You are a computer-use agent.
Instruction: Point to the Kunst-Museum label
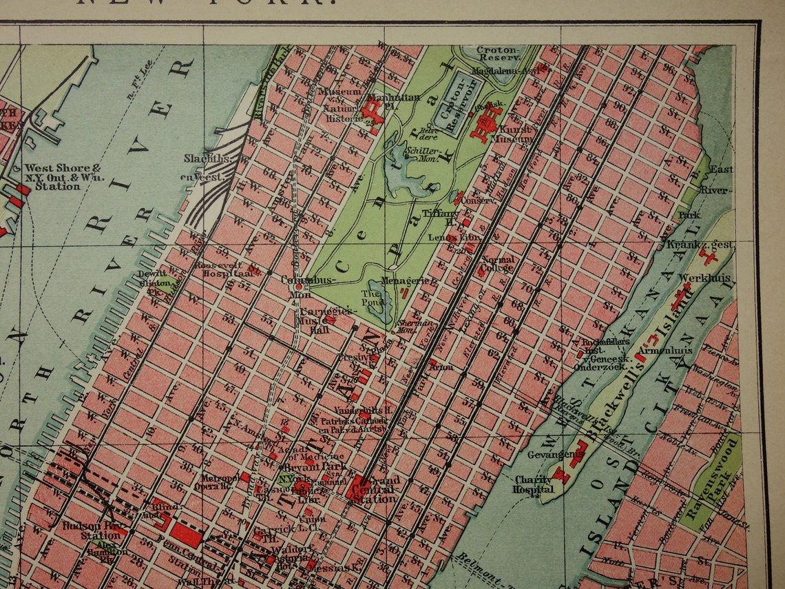tap(516, 134)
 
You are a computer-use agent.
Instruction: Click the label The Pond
tap(373, 298)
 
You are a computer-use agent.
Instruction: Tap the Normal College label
tap(497, 264)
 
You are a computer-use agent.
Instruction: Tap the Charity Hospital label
tap(534, 485)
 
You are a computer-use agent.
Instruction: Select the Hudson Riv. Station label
tap(92, 530)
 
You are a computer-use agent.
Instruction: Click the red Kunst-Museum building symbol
tap(486, 125)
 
